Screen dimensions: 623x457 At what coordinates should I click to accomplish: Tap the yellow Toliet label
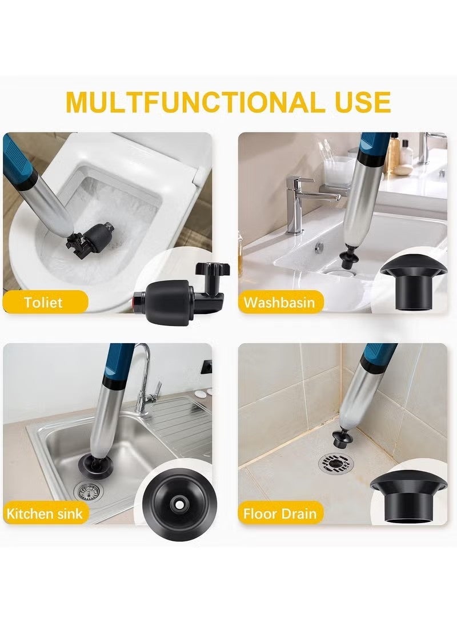(x=44, y=302)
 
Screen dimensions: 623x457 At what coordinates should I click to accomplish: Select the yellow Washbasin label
(x=280, y=302)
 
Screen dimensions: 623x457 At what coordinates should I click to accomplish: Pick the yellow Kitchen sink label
(x=45, y=513)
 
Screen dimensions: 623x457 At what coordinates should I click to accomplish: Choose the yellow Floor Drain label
(x=280, y=513)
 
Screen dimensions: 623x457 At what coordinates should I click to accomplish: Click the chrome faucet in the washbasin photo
(x=299, y=200)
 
